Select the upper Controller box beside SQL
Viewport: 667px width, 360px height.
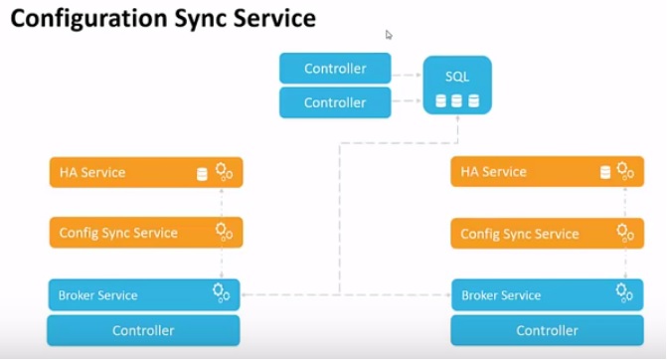coord(335,69)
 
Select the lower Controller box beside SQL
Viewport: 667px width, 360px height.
coord(335,102)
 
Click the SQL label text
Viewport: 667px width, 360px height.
coord(457,76)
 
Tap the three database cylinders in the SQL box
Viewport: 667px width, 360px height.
coord(457,100)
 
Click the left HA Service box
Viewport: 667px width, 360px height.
coord(146,173)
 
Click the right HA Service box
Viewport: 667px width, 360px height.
coord(547,172)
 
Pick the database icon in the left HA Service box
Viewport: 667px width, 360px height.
coord(202,174)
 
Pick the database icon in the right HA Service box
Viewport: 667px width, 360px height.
coord(605,173)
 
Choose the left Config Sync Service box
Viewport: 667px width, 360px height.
coord(146,233)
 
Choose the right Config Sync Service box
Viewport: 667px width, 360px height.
coord(547,234)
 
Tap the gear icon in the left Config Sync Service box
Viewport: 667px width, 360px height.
coord(224,232)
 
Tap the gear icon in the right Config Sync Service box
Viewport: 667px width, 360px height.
coord(625,233)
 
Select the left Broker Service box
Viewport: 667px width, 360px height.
coord(144,294)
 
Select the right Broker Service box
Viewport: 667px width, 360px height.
coord(546,294)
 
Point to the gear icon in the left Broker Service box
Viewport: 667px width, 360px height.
coord(223,292)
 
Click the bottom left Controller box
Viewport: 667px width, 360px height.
coord(143,330)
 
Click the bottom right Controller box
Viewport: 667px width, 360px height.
coord(546,330)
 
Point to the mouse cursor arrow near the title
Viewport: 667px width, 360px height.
coord(389,34)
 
